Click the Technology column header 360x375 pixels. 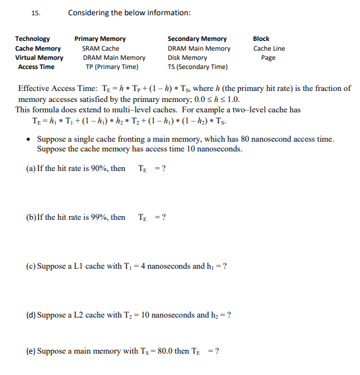[x=32, y=38]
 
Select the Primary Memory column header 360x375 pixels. [x=100, y=38]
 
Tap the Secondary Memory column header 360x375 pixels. [x=197, y=38]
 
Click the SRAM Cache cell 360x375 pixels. [x=101, y=48]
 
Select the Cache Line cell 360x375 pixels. [x=269, y=48]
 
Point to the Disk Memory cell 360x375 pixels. [x=187, y=58]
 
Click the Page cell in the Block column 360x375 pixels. [x=268, y=58]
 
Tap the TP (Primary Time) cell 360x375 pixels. [x=112, y=67]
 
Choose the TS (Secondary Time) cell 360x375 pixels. [x=198, y=67]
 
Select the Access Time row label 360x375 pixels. [x=36, y=67]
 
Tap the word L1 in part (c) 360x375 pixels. [x=81, y=266]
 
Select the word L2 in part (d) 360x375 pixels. [x=81, y=315]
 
